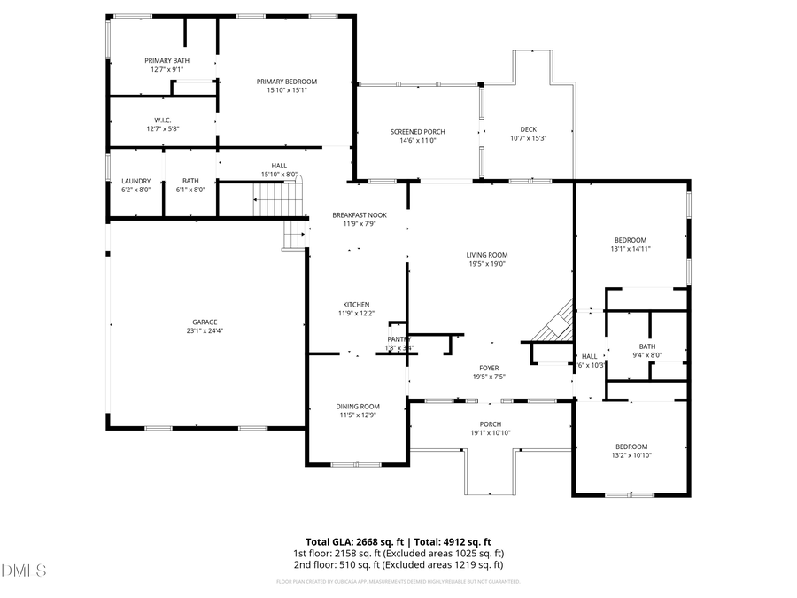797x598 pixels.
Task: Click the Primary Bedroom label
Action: coord(286,82)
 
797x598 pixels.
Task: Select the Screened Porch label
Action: coord(417,132)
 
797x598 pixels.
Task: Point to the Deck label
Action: coord(528,129)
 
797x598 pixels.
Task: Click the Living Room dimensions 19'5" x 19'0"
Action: coord(487,264)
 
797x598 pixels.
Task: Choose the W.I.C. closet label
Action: coord(162,120)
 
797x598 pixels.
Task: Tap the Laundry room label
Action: coord(135,181)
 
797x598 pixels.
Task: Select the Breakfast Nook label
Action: coord(353,215)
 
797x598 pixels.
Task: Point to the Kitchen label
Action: coord(353,304)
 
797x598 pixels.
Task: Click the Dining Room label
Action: coord(357,407)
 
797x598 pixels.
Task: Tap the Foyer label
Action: coord(489,368)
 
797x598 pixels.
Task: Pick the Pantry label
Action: coord(399,339)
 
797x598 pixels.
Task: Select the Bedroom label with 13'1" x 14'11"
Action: coord(631,240)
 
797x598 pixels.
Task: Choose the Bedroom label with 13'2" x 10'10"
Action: coord(631,447)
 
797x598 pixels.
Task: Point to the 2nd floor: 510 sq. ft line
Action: coord(398,564)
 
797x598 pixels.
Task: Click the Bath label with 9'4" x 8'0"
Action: coord(646,346)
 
